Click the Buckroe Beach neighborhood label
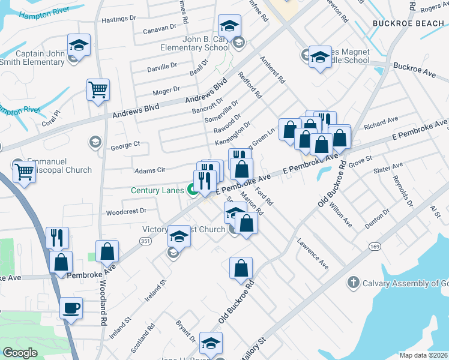(408, 23)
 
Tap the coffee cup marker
(71, 308)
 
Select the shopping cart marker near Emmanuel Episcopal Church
(24, 172)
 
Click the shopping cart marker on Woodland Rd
(98, 90)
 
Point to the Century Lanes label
(157, 190)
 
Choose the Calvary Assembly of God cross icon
(354, 281)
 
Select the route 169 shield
(375, 247)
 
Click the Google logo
(20, 353)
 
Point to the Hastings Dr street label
(116, 20)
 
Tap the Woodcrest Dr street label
(126, 211)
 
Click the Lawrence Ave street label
(313, 254)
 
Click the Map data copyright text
(423, 355)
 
